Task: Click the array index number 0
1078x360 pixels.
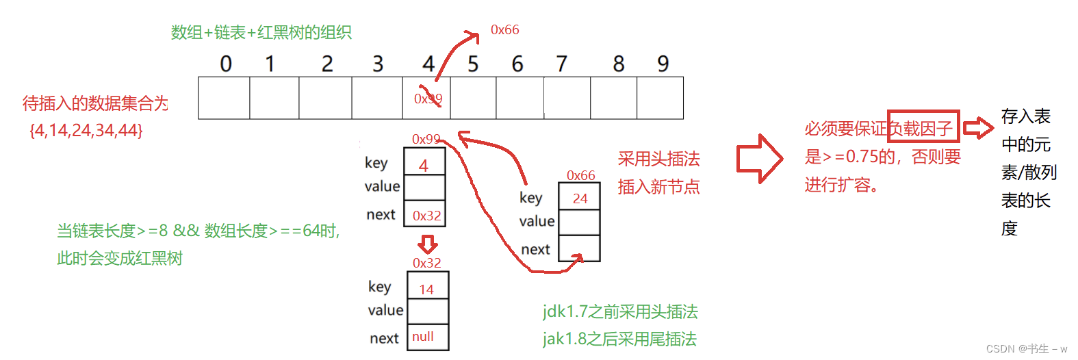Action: [226, 64]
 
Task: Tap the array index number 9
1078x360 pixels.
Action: [663, 64]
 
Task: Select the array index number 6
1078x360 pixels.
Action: [517, 64]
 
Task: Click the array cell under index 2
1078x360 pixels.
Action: [325, 98]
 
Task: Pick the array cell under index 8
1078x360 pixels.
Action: [613, 98]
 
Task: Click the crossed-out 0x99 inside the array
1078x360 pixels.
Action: [428, 99]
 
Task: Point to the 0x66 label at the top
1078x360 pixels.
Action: [504, 29]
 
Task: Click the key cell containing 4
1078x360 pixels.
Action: [424, 163]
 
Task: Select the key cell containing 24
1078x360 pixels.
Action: [580, 198]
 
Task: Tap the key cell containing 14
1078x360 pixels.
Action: [427, 287]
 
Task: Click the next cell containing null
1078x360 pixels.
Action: [427, 337]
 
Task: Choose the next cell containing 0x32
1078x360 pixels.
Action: [426, 215]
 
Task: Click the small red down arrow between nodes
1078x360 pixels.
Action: [428, 244]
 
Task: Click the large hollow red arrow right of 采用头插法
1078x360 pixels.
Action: [759, 159]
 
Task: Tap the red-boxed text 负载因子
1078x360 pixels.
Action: [923, 127]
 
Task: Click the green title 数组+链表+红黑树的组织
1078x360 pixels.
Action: [261, 32]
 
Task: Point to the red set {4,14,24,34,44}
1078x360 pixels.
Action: [86, 130]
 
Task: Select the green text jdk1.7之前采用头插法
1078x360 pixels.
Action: [620, 312]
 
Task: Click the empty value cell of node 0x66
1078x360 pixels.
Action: [579, 222]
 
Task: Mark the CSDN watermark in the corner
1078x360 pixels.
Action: [1026, 348]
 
